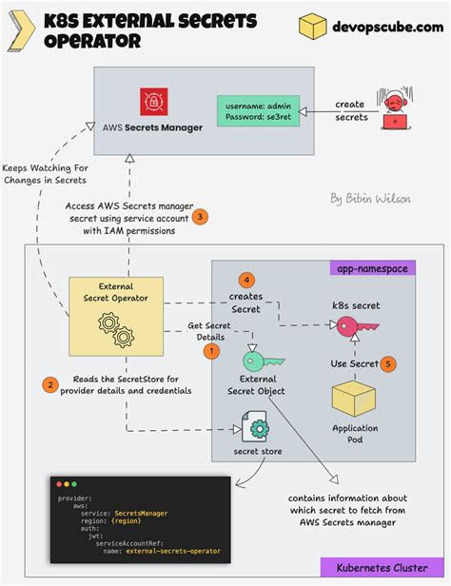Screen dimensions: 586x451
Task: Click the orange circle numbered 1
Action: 212,351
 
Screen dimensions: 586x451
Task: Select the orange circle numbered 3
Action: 200,217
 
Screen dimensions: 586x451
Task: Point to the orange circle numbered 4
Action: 247,280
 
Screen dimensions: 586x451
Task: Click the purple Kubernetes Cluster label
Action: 382,568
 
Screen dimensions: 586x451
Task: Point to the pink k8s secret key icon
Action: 356,326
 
